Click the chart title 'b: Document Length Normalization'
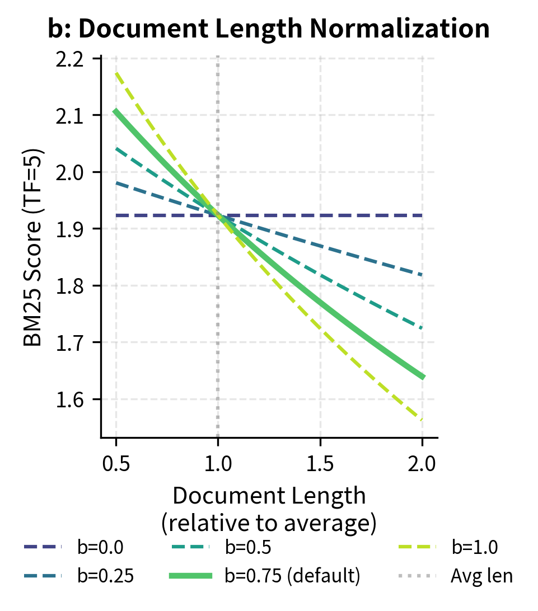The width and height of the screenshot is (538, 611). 269,29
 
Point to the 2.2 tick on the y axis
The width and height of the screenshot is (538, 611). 77,59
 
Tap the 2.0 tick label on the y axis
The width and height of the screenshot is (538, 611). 77,172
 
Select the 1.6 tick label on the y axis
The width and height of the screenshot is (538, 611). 77,399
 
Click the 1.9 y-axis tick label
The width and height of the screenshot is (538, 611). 77,229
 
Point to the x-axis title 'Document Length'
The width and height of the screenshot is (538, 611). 269,496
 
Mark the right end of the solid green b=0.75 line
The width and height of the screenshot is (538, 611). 423,378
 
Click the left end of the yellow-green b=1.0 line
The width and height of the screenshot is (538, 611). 116,73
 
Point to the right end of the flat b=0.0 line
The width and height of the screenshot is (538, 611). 423,215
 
